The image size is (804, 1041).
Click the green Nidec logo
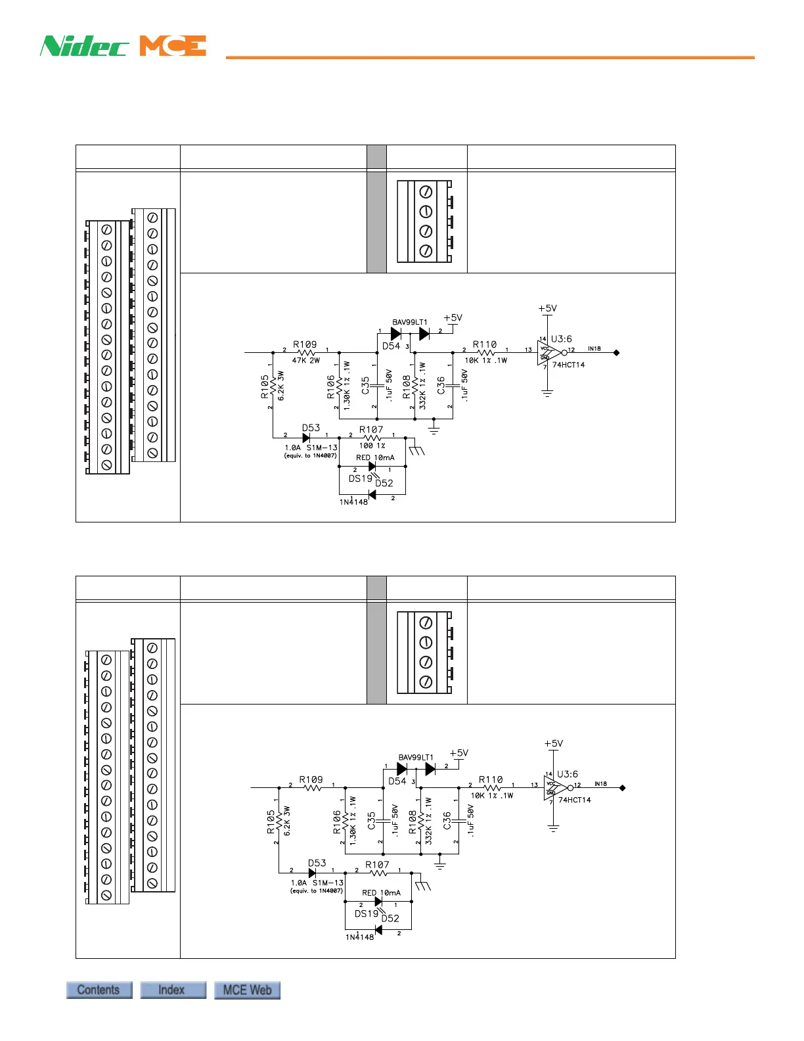(84, 46)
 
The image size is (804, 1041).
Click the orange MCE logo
(173, 46)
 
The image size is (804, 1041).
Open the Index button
(173, 990)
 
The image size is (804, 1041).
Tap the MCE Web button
(247, 990)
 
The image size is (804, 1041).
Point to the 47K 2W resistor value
(306, 360)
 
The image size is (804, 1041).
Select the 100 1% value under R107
(372, 446)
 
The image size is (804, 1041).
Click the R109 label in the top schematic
(305, 344)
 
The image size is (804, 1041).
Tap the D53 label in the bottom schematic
(317, 863)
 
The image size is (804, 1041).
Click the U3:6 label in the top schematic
(561, 339)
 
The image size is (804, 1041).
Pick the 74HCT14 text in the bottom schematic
(575, 800)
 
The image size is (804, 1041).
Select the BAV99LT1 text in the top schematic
(410, 322)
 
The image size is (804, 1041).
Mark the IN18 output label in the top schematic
(594, 348)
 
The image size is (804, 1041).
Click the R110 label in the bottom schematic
(491, 779)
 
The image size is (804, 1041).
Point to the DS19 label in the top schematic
(360, 478)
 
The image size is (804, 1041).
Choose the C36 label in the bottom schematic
(447, 820)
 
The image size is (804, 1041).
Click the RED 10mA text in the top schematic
(375, 457)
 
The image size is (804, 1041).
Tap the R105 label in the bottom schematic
(271, 821)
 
